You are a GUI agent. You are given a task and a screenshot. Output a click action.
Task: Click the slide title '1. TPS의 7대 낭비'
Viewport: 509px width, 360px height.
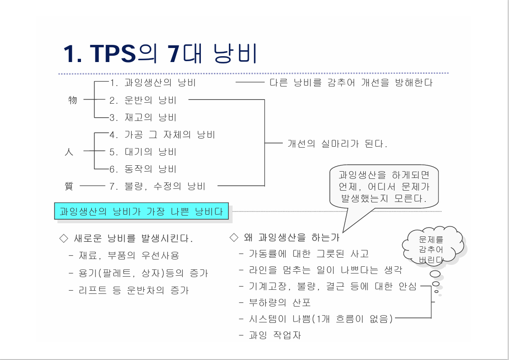click(161, 54)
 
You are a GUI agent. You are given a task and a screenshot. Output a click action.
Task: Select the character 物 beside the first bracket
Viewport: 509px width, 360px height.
click(72, 100)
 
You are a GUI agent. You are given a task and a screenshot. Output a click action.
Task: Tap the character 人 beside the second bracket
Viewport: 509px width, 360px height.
click(69, 152)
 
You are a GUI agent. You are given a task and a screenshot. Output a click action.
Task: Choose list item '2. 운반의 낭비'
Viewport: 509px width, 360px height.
click(143, 101)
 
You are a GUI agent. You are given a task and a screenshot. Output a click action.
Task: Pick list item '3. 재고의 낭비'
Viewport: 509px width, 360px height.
click(143, 118)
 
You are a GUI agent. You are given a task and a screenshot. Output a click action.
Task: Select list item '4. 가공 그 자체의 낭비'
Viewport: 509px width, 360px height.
click(162, 135)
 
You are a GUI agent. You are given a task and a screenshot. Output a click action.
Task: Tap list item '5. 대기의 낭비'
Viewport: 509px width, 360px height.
click(143, 152)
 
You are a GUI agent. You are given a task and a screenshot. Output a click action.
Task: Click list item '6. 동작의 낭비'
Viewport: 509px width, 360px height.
click(143, 169)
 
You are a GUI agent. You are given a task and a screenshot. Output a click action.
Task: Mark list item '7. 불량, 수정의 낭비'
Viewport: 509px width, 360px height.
click(157, 186)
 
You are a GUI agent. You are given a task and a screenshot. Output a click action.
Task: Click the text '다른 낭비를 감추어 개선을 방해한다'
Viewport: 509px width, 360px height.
click(351, 83)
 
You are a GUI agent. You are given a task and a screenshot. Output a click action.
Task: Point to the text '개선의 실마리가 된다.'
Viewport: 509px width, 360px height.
click(338, 144)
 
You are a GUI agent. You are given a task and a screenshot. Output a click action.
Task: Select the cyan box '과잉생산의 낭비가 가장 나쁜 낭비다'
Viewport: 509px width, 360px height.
click(142, 211)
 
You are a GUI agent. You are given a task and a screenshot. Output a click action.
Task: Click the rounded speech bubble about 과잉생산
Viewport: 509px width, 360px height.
click(384, 187)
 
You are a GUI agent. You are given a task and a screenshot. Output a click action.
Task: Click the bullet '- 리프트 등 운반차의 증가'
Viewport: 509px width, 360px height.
click(128, 291)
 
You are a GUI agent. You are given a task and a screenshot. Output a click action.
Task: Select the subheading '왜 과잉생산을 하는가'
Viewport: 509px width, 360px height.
click(285, 237)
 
